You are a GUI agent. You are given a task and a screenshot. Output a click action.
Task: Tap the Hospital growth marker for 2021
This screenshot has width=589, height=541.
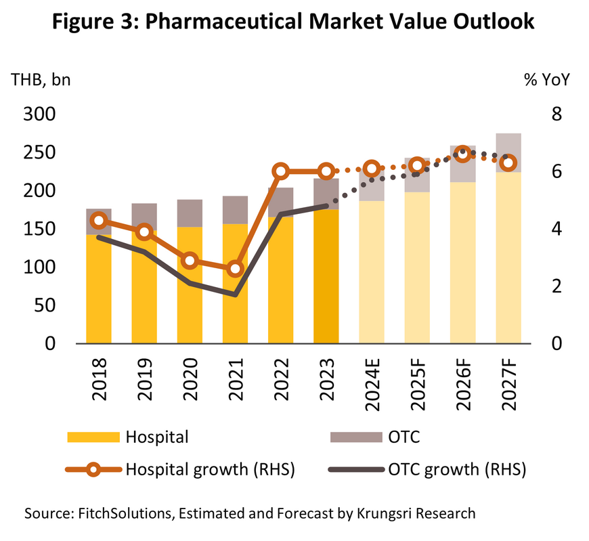click(x=235, y=269)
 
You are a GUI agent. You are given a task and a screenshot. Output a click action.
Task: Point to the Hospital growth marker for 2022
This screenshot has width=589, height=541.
click(x=280, y=171)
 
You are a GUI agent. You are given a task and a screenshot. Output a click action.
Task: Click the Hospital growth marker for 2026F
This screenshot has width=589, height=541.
click(x=462, y=154)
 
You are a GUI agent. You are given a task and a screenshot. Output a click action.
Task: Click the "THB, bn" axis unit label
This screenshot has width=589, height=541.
click(x=41, y=79)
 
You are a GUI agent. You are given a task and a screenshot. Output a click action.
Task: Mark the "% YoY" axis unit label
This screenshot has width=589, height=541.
click(x=547, y=79)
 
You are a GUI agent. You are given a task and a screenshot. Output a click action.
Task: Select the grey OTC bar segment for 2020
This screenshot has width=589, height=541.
click(x=190, y=213)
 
